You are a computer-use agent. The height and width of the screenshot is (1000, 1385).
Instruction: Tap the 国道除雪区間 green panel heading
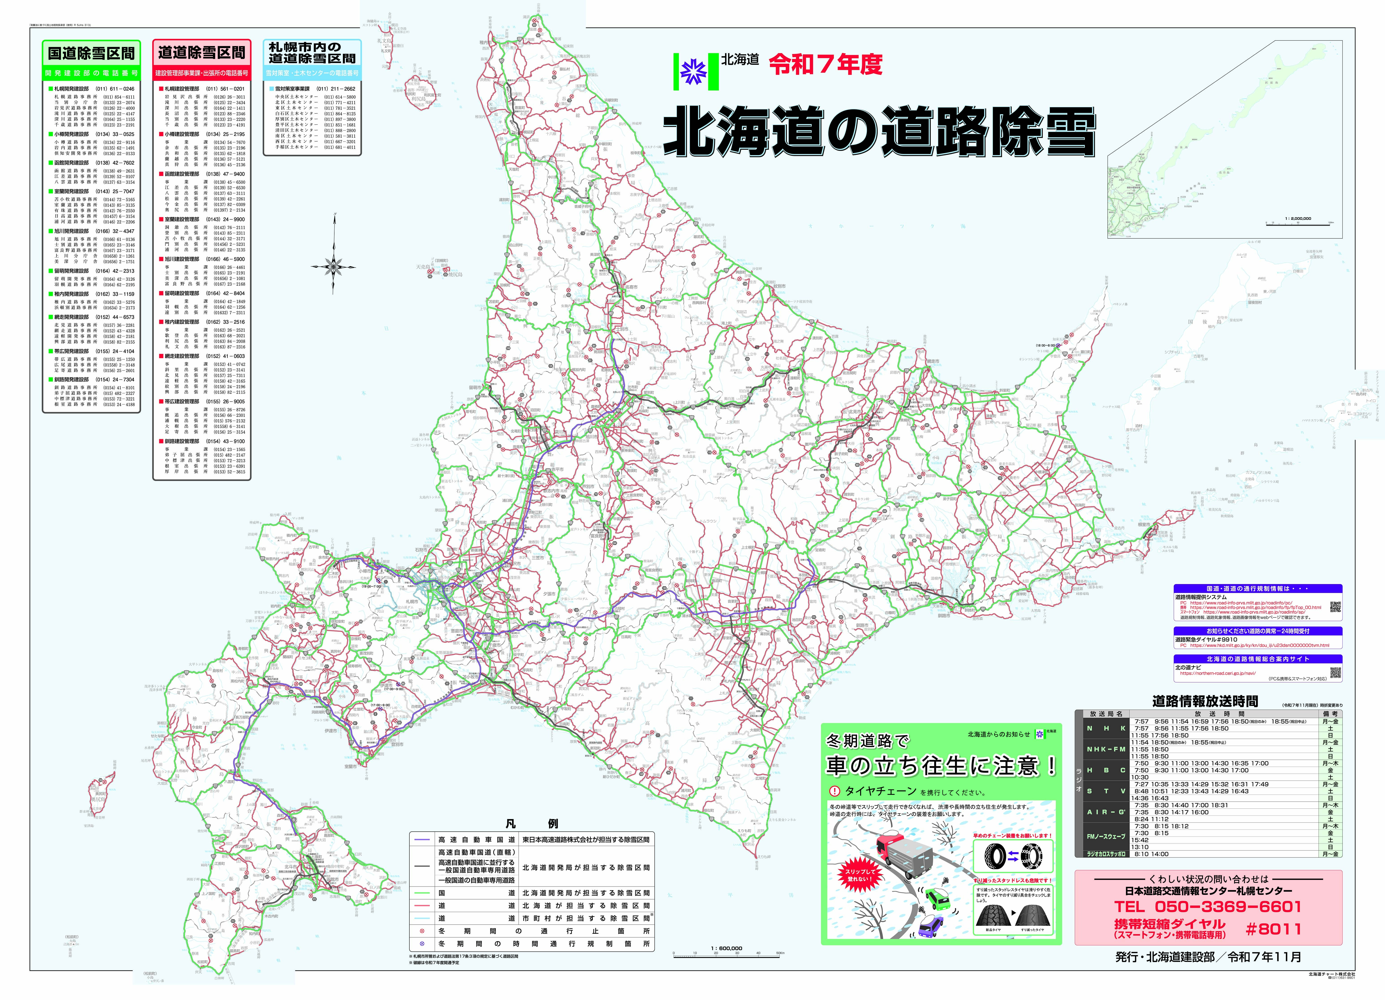(91, 54)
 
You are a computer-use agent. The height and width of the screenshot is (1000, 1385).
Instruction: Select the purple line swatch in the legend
(421, 839)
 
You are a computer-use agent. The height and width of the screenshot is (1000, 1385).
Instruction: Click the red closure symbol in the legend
(421, 931)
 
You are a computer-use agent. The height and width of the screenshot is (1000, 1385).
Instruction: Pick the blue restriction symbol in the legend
(421, 944)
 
